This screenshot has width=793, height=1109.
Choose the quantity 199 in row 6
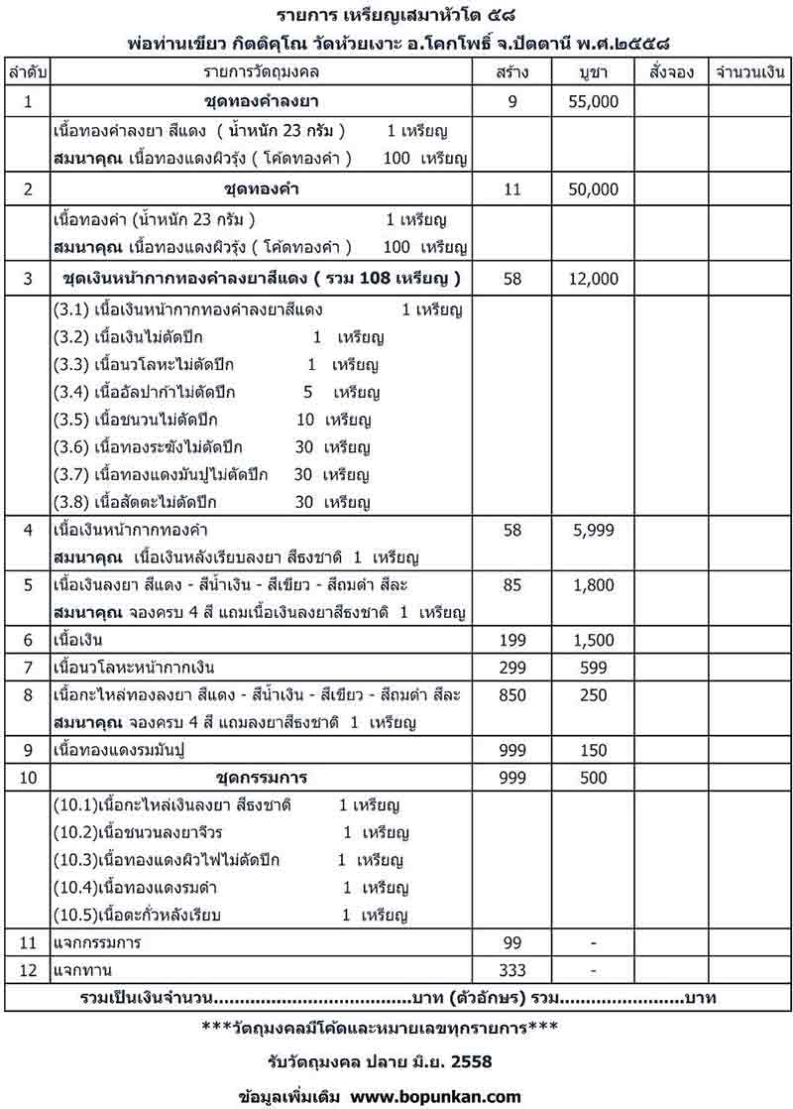(512, 640)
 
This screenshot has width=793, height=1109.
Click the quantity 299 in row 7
(512, 667)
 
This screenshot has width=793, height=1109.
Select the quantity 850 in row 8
(512, 694)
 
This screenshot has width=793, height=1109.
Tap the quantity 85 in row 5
(512, 586)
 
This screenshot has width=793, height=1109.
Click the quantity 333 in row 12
(512, 969)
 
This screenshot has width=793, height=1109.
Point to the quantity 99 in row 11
(512, 941)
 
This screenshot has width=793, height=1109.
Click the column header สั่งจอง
(672, 73)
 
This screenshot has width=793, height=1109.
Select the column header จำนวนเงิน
(749, 73)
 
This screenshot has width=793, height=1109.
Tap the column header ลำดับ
(27, 73)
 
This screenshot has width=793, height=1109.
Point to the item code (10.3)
(75, 859)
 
